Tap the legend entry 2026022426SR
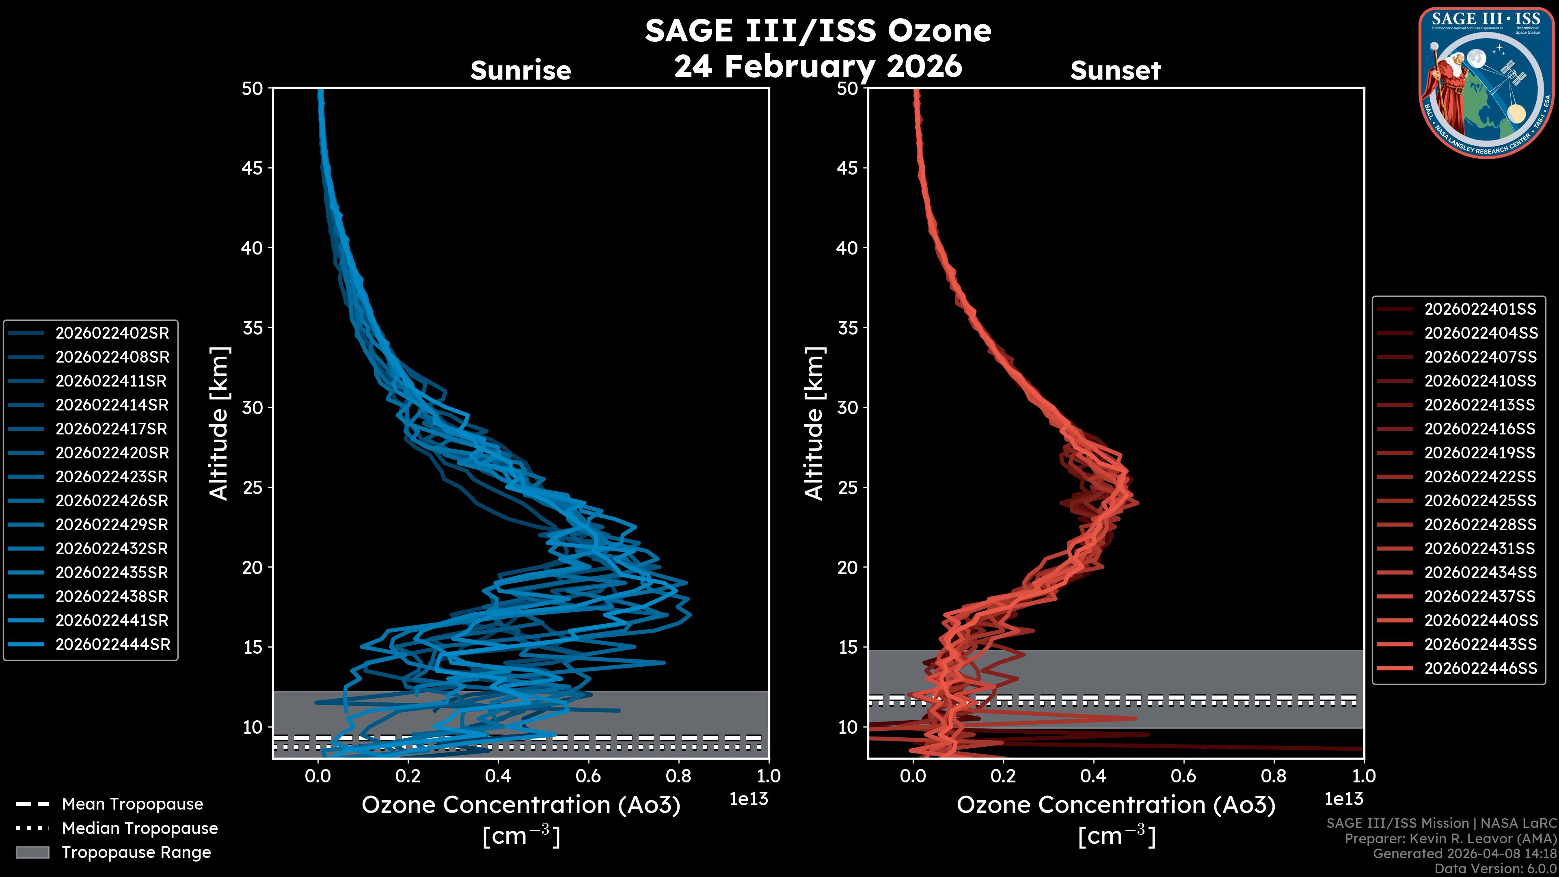[111, 501]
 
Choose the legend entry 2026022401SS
[1480, 309]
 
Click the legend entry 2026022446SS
[1480, 668]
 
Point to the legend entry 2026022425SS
[1480, 501]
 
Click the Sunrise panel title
[520, 70]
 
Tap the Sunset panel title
[1115, 70]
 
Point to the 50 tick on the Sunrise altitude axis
[253, 89]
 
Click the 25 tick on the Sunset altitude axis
[847, 487]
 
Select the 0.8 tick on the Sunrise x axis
[678, 776]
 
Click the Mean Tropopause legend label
[132, 804]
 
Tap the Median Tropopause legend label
[140, 828]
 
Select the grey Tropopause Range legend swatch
[32, 852]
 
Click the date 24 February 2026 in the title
[818, 65]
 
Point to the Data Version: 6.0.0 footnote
[1496, 868]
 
